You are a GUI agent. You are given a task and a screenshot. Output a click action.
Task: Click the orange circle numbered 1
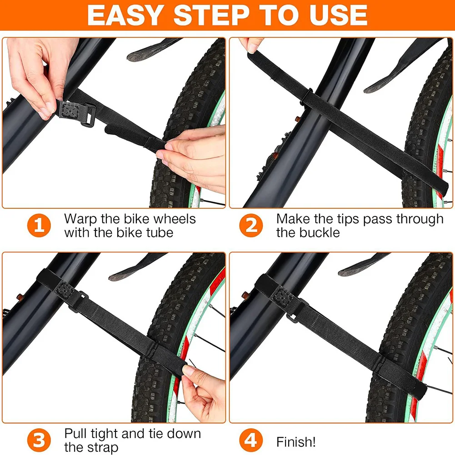pos(39,225)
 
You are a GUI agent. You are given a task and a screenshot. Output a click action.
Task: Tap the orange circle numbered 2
pos(251,225)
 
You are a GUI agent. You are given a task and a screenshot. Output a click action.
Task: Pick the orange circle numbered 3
pos(39,440)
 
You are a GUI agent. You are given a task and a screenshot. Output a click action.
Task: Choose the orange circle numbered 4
pos(251,440)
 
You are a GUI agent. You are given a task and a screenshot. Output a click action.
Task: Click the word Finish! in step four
pos(296,442)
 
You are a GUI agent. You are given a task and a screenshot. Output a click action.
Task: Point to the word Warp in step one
pos(80,220)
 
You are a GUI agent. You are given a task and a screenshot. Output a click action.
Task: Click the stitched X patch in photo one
pos(70,110)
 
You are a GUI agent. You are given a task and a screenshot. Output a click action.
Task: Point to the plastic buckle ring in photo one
pos(88,115)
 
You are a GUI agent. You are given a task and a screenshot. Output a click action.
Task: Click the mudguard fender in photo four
pos(364,265)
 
